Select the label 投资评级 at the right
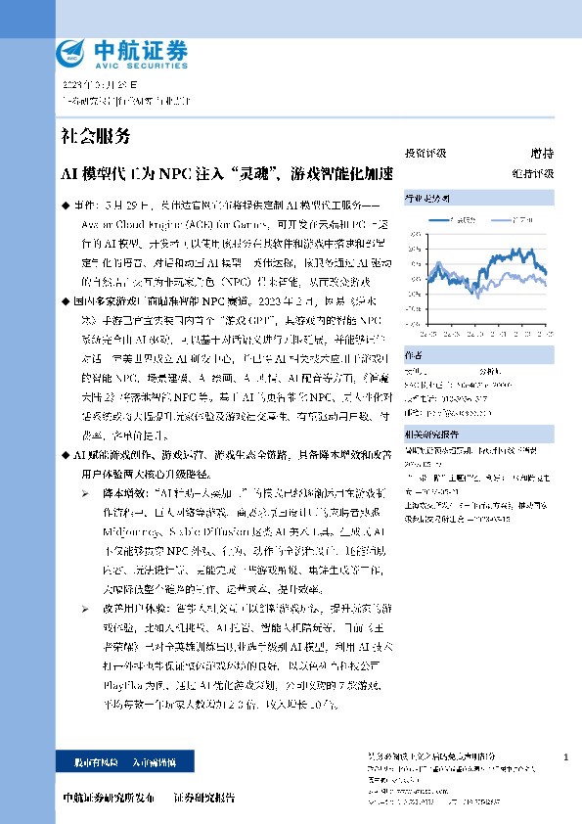click(x=425, y=154)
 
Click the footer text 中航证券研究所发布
click(x=107, y=798)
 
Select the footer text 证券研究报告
click(x=204, y=798)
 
